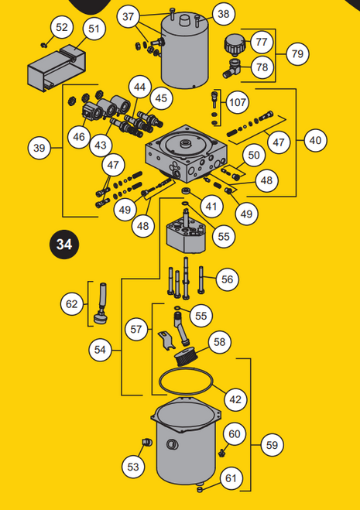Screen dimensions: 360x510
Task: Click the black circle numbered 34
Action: click(x=64, y=245)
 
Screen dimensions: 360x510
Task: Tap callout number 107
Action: click(x=237, y=102)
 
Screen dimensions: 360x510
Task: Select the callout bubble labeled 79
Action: click(x=297, y=53)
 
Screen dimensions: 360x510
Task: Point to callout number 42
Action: click(x=235, y=399)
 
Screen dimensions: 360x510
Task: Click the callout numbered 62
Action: click(x=72, y=304)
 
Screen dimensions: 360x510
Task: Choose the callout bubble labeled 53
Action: click(x=133, y=467)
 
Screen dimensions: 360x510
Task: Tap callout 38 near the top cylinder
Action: click(x=223, y=14)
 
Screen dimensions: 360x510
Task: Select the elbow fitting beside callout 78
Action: click(x=231, y=67)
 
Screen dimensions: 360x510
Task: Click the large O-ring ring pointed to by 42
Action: click(x=186, y=368)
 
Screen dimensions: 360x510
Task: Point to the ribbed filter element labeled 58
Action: click(x=184, y=357)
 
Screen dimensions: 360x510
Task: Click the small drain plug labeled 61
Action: click(x=200, y=489)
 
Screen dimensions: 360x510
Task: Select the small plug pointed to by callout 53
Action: click(x=147, y=442)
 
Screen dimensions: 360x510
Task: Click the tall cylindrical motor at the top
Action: click(x=185, y=50)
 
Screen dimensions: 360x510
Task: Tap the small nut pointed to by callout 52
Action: click(x=43, y=45)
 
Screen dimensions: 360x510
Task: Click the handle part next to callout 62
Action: click(x=101, y=303)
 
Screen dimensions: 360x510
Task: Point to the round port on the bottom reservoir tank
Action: click(x=172, y=444)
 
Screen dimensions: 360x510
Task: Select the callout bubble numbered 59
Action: click(x=272, y=445)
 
